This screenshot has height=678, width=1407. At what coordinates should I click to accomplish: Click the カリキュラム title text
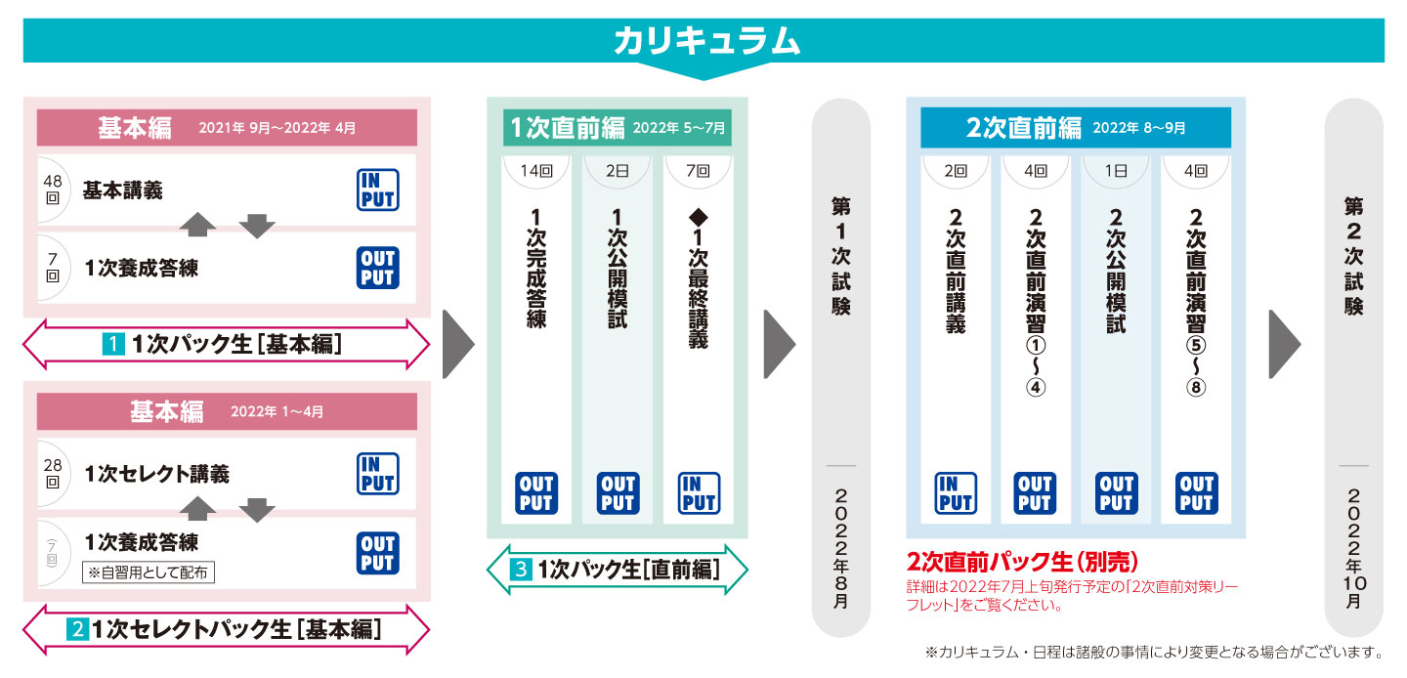[x=706, y=41]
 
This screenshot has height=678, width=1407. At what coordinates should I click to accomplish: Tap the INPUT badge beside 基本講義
[x=376, y=190]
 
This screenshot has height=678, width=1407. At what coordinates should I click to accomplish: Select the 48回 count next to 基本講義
[x=53, y=189]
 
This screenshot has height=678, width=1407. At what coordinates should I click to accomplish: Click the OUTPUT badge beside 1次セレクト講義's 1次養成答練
[x=376, y=552]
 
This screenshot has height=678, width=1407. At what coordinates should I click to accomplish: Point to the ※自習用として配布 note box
[x=148, y=572]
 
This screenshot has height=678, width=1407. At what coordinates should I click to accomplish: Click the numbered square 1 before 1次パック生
[x=114, y=344]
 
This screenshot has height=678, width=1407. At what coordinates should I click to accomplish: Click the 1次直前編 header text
[x=567, y=128]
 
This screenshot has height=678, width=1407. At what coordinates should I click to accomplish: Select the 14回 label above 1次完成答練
[x=536, y=170]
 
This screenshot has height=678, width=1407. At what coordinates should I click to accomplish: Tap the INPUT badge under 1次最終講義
[x=699, y=493]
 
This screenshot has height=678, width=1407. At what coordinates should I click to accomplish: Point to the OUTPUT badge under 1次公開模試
[x=618, y=493]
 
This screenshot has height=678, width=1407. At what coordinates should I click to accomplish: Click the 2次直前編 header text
[x=1023, y=128]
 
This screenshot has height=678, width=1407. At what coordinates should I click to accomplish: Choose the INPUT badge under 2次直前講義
[x=955, y=493]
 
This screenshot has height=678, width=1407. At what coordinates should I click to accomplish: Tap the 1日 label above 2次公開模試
[x=1116, y=170]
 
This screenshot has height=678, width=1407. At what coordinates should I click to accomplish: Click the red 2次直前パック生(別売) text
[x=1023, y=563]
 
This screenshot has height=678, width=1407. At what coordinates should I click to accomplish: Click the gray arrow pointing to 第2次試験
[x=1284, y=344]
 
